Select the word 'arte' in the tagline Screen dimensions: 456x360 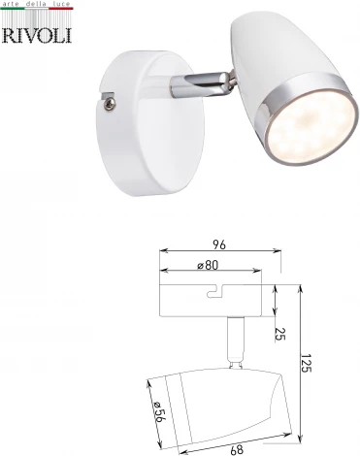point(13,6)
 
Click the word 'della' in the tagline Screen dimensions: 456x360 point(37,6)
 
